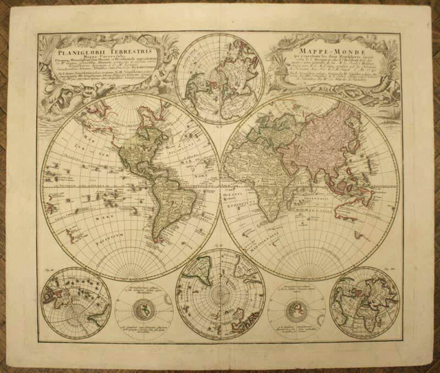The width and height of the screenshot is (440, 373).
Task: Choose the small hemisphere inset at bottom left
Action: pos(76,302)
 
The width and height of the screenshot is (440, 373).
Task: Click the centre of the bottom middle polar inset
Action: pos(219,294)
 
